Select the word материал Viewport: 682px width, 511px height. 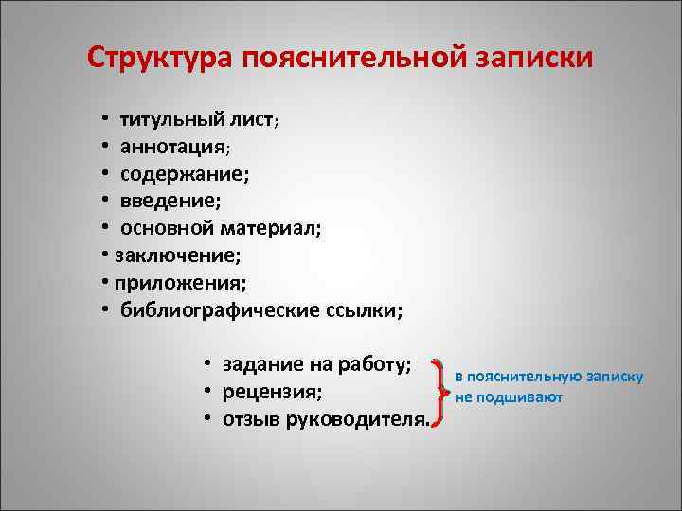(271, 228)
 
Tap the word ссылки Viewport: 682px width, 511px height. (361, 309)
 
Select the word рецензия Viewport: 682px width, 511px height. (270, 392)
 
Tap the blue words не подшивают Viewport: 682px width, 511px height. (509, 397)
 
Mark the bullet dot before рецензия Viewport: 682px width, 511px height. (205, 392)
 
